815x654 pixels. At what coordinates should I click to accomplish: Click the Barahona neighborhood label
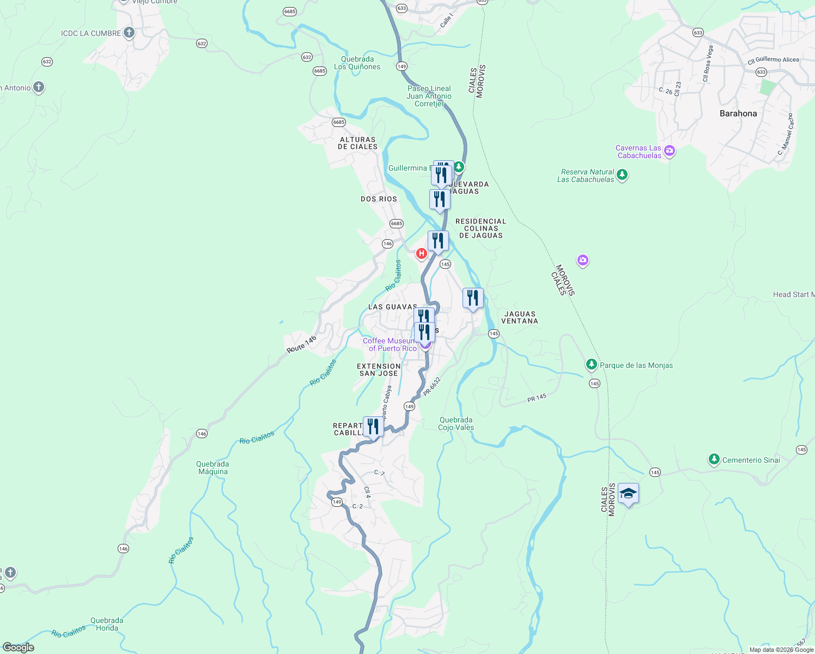pyautogui.click(x=738, y=113)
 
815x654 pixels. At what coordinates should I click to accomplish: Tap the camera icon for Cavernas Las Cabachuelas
pyautogui.click(x=670, y=151)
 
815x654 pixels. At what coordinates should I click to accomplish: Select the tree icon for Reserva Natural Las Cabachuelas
pyautogui.click(x=622, y=175)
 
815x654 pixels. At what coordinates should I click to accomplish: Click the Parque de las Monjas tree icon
pyautogui.click(x=591, y=364)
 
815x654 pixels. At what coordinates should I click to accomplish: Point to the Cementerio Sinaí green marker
pyautogui.click(x=714, y=459)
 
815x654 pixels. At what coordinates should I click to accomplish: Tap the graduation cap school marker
pyautogui.click(x=628, y=494)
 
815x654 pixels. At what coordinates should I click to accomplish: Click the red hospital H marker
pyautogui.click(x=421, y=253)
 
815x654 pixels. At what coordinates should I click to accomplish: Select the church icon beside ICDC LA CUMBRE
pyautogui.click(x=129, y=33)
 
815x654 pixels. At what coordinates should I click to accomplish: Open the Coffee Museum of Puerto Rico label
pyautogui.click(x=390, y=344)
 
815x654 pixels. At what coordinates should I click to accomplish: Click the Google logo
pyautogui.click(x=19, y=647)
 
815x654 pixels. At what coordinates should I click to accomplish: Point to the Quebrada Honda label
pyautogui.click(x=107, y=624)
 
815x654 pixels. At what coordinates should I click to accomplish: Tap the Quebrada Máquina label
pyautogui.click(x=212, y=468)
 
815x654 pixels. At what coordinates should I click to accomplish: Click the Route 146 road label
pyautogui.click(x=301, y=344)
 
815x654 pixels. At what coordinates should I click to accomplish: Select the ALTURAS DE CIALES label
pyautogui.click(x=357, y=143)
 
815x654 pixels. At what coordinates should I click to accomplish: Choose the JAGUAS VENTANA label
pyautogui.click(x=520, y=317)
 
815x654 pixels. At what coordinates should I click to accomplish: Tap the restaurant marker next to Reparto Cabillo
pyautogui.click(x=373, y=426)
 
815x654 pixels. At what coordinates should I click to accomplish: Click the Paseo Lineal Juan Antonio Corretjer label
pyautogui.click(x=429, y=96)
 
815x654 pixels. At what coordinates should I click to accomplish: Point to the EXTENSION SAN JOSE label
pyautogui.click(x=379, y=370)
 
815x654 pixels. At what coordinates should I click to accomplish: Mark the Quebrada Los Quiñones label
pyautogui.click(x=357, y=63)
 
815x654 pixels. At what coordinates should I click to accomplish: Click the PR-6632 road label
pyautogui.click(x=431, y=386)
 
